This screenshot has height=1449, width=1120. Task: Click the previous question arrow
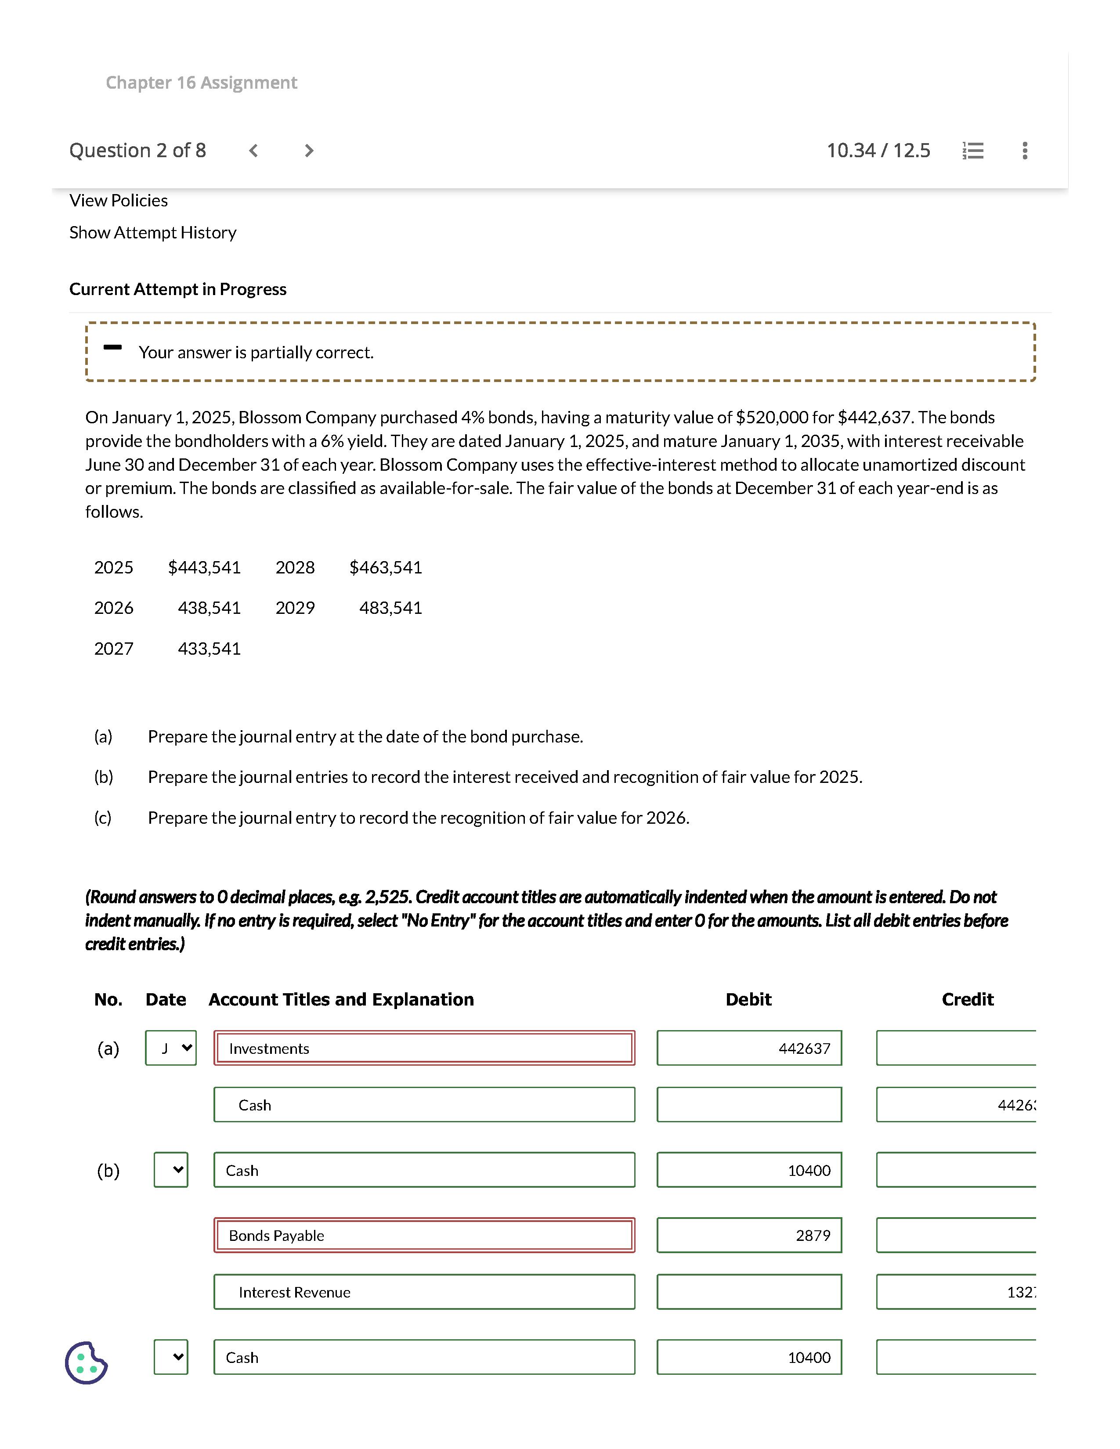(x=253, y=151)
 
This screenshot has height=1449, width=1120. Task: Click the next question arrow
(x=308, y=151)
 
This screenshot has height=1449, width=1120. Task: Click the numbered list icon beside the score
(x=973, y=151)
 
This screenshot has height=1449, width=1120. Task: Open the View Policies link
(x=118, y=200)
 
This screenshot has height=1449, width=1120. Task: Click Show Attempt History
(x=152, y=233)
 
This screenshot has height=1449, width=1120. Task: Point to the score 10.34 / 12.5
(x=878, y=151)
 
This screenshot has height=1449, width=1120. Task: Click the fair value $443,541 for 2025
(x=204, y=567)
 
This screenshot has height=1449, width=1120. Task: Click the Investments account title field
(x=424, y=1048)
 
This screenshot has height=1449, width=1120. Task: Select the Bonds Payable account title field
(x=424, y=1235)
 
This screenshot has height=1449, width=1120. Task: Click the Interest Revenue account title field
(x=424, y=1292)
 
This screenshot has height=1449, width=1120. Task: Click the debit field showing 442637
(x=749, y=1048)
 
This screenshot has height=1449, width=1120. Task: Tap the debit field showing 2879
(x=749, y=1235)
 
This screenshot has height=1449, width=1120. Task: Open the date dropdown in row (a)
(x=170, y=1048)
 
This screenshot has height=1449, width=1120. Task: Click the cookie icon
(x=86, y=1363)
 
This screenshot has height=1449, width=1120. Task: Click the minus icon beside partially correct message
(x=113, y=347)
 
